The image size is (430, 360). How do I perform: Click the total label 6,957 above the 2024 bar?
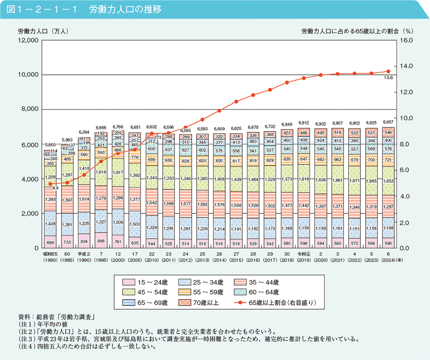pos(388,122)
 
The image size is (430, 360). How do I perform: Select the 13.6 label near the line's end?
pos(388,78)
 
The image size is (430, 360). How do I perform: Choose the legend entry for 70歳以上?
pos(205,303)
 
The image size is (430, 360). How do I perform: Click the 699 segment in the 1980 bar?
pos(50,242)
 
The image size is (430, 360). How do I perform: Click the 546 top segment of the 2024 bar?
pos(388,132)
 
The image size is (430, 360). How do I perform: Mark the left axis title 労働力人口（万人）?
pos(43,32)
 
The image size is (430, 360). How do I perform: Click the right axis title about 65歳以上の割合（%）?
pos(358,32)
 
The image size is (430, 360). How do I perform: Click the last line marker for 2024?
pos(388,71)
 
